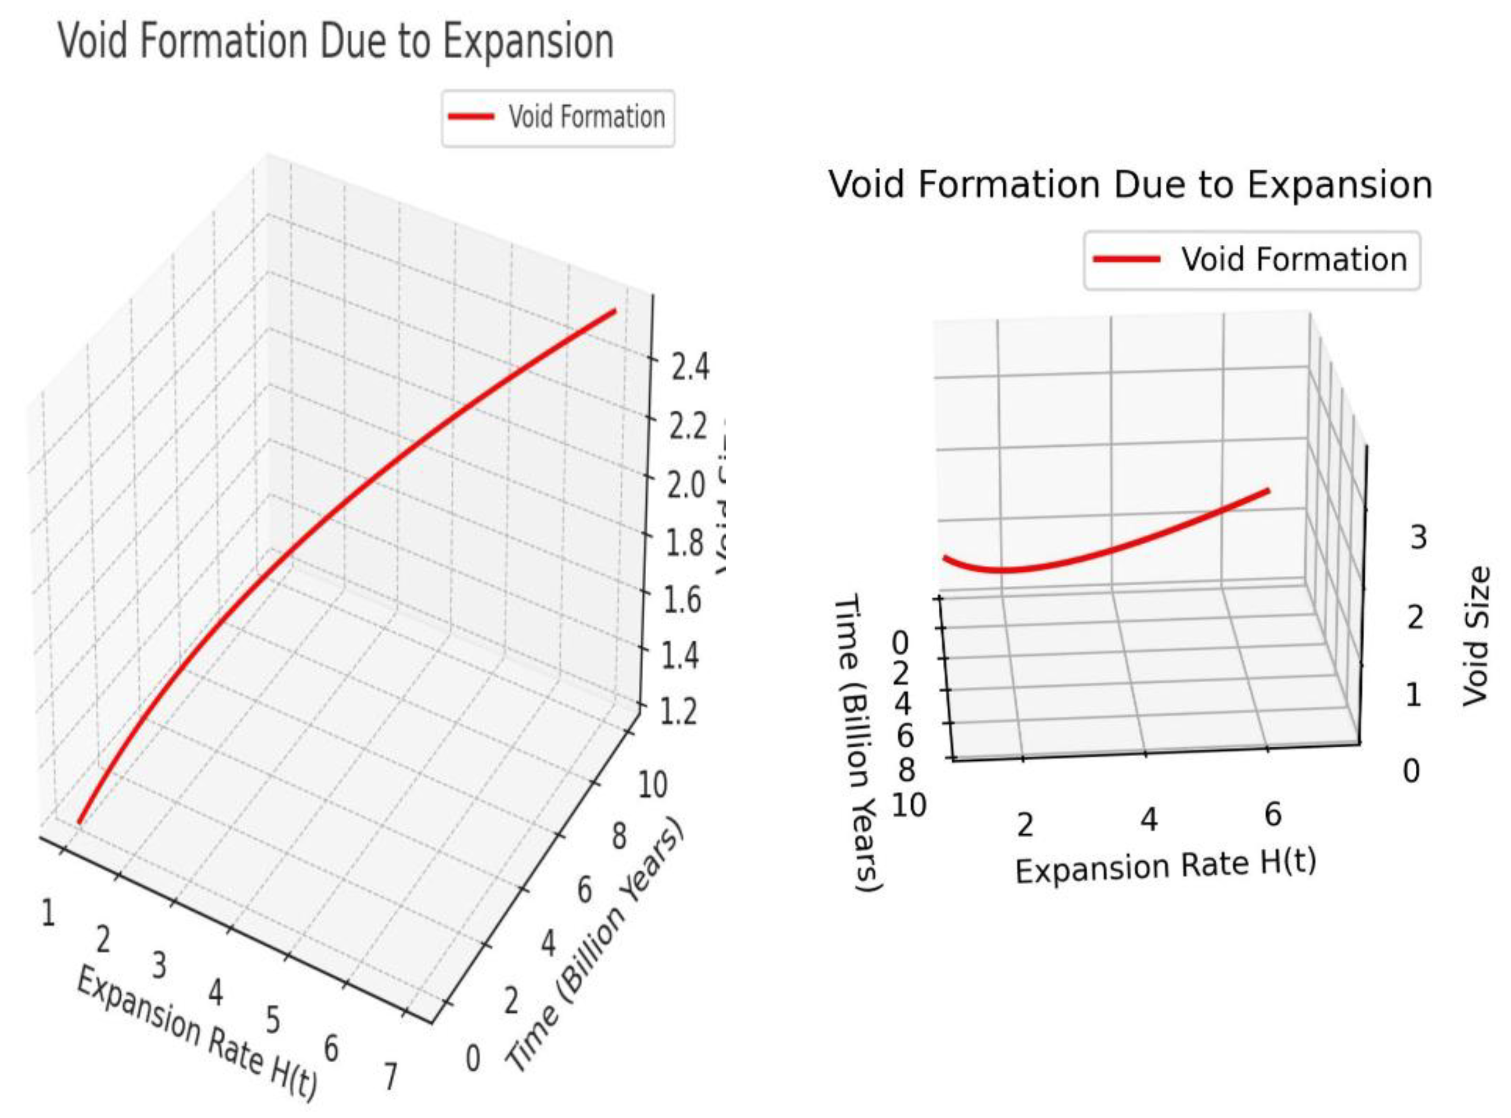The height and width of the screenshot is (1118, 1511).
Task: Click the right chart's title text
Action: point(1130,185)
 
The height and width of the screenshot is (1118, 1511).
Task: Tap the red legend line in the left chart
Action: point(471,117)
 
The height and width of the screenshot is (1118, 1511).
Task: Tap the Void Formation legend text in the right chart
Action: point(1294,260)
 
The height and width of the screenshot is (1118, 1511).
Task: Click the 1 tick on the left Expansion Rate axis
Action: point(48,913)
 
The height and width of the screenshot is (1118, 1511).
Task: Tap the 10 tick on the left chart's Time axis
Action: point(652,785)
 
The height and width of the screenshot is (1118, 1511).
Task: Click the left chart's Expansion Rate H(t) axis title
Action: point(196,1032)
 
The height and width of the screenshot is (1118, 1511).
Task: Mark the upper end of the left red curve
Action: point(614,311)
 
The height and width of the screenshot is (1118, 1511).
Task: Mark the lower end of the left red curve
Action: point(79,822)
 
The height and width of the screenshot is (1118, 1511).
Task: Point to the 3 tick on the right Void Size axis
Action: point(1418,538)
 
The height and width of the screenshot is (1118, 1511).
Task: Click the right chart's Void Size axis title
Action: point(1477,637)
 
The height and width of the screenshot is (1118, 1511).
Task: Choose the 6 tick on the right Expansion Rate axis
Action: point(1273,814)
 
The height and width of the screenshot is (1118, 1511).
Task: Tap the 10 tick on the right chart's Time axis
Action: point(908,806)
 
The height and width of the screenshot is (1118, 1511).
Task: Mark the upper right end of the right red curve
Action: point(1267,490)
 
